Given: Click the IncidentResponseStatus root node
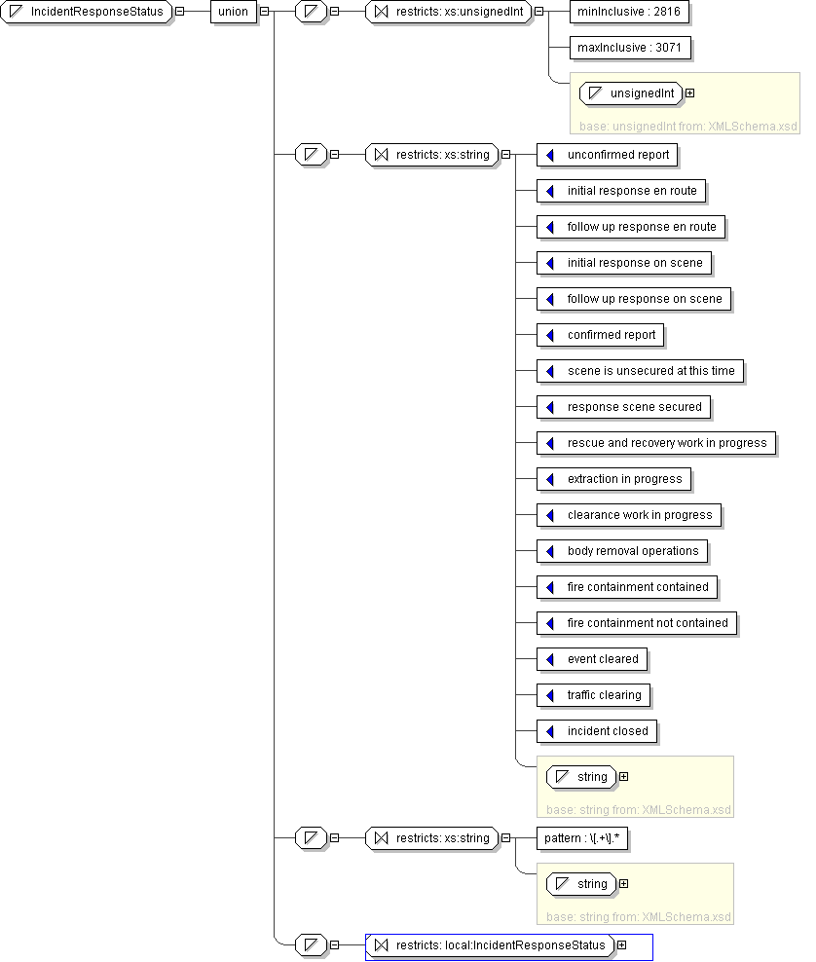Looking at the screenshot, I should [x=88, y=12].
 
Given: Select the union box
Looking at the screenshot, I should [x=233, y=12].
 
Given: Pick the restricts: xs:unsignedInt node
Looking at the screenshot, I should [x=447, y=12].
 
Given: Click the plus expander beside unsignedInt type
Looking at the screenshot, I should [x=689, y=93].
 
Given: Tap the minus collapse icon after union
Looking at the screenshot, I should [x=264, y=12].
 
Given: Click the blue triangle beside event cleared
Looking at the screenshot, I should [x=550, y=659].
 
